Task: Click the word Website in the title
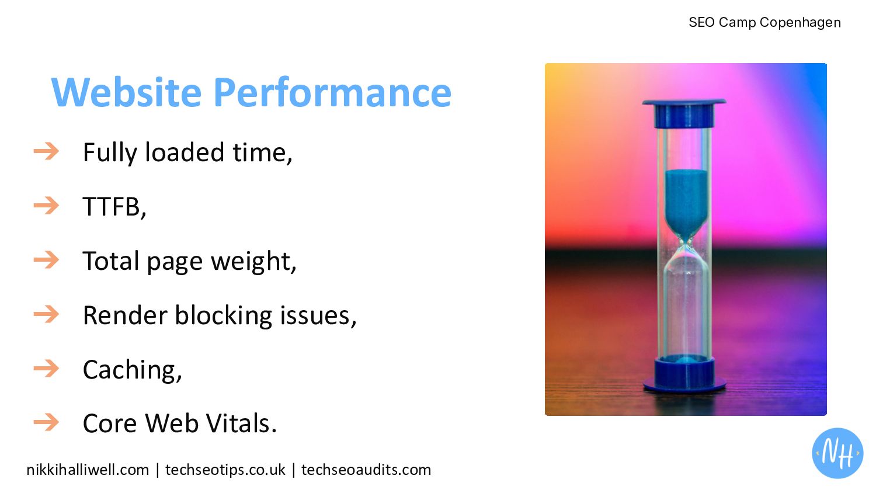(126, 92)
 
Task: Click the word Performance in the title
(332, 92)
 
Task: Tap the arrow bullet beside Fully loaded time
(46, 151)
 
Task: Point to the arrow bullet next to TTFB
(46, 206)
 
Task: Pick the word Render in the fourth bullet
(125, 315)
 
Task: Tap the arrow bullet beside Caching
(46, 369)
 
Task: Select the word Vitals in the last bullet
(241, 423)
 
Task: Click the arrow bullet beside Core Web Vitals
(46, 422)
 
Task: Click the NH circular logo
(837, 453)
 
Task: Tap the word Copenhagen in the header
(800, 23)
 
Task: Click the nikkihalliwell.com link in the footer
(88, 470)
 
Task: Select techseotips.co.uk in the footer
(225, 470)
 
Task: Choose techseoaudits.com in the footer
(366, 470)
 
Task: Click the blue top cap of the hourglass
(684, 113)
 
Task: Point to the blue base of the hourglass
(684, 376)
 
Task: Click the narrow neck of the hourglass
(686, 242)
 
